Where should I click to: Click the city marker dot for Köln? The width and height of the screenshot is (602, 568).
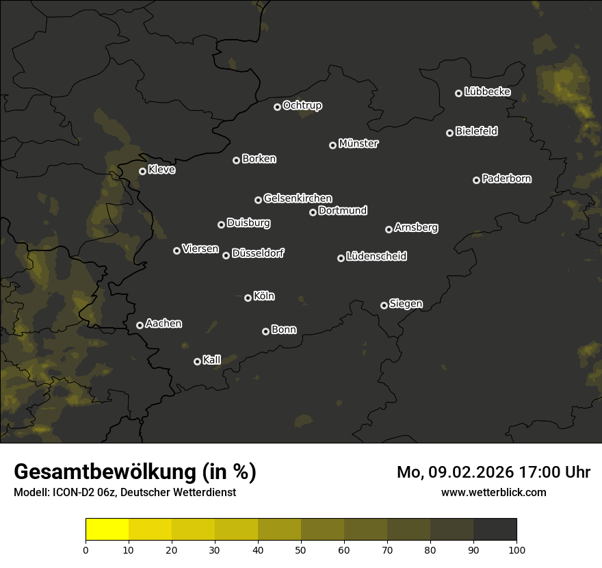[248, 298]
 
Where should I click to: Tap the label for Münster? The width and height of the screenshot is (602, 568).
[358, 144]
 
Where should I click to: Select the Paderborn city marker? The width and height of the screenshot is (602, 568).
[476, 180]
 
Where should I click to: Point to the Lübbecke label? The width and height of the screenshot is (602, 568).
[487, 92]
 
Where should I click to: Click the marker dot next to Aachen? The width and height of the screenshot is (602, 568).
[140, 325]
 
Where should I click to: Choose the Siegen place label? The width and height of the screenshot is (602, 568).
[406, 304]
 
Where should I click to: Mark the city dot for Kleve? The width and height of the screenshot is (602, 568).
[142, 171]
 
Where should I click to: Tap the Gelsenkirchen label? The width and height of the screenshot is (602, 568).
[298, 198]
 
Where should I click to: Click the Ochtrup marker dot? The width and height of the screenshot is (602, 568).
[277, 107]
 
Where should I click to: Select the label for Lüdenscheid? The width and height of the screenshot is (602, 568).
[376, 257]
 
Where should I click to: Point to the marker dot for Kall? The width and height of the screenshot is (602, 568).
[197, 361]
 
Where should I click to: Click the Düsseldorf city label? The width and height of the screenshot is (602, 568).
[258, 253]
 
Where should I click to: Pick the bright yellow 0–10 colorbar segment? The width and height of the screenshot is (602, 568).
[107, 530]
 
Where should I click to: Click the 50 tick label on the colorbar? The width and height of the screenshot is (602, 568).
[301, 550]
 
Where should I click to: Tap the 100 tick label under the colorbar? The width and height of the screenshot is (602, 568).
[516, 550]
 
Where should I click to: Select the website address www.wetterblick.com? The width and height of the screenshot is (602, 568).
[494, 492]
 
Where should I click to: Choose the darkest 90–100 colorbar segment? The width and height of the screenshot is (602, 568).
[495, 530]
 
